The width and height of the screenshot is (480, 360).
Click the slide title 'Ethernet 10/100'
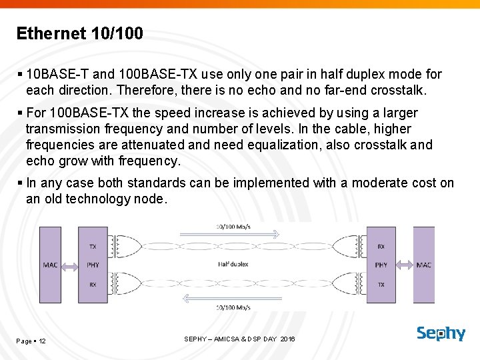(79, 33)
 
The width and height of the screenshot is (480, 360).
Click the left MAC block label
(50, 265)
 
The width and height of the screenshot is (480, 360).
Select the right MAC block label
(423, 265)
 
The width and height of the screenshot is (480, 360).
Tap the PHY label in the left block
(93, 265)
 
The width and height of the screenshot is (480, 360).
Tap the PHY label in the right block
(381, 265)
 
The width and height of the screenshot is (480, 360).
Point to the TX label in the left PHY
(93, 247)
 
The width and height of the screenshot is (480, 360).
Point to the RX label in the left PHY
(93, 283)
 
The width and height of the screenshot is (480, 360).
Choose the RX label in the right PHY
(381, 247)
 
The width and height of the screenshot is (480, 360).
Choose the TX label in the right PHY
(381, 283)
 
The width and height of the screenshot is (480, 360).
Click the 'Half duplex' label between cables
(233, 264)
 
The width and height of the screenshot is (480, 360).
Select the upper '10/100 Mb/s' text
(233, 226)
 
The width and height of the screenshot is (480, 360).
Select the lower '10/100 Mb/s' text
(233, 307)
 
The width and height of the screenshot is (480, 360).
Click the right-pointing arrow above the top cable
(233, 234)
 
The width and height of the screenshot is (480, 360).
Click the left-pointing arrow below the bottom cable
(233, 297)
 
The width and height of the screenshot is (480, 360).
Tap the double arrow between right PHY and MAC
(403, 265)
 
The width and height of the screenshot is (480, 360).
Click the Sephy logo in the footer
(441, 333)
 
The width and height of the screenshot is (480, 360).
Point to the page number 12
(42, 341)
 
